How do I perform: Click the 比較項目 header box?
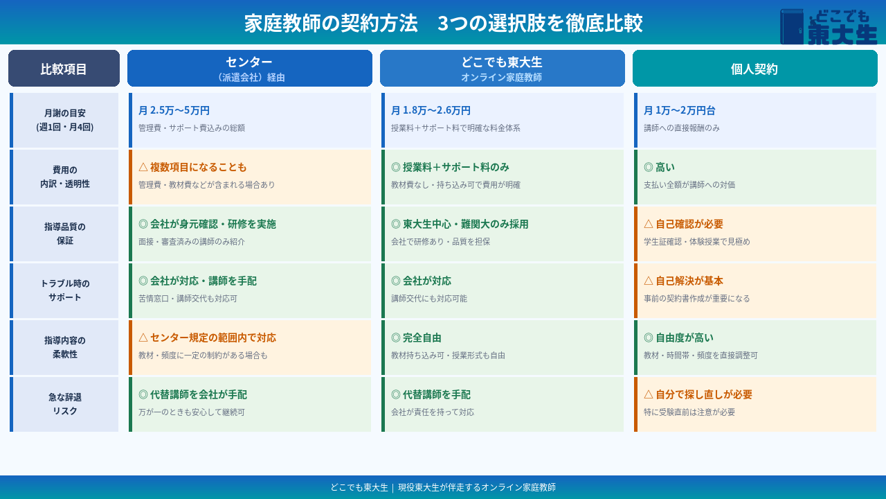click(x=64, y=68)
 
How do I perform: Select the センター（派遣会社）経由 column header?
click(x=250, y=68)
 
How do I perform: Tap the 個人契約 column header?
click(x=754, y=68)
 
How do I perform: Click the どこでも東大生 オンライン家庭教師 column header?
click(x=503, y=68)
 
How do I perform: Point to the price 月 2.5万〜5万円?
click(x=174, y=110)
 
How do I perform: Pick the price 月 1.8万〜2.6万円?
click(x=431, y=110)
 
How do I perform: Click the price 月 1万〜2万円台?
click(x=680, y=110)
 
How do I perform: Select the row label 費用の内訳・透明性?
click(x=65, y=177)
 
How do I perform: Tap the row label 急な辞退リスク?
click(x=65, y=404)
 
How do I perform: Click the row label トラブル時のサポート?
click(x=65, y=290)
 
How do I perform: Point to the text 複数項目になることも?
click(x=198, y=167)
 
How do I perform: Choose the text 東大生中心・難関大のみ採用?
click(x=466, y=224)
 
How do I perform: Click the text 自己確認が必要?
click(x=689, y=224)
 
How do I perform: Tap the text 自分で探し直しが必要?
click(x=704, y=394)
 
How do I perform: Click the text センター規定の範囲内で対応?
click(x=213, y=338)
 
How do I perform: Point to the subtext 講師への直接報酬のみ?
click(x=682, y=128)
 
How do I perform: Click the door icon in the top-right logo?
click(x=792, y=26)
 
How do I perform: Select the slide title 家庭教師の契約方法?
click(x=331, y=23)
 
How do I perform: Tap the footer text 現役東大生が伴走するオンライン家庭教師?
click(x=477, y=487)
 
